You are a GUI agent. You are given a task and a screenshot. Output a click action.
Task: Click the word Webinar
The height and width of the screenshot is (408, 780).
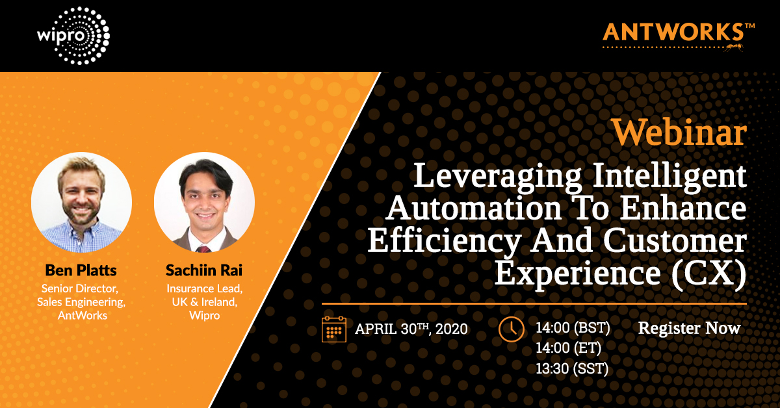[679, 133]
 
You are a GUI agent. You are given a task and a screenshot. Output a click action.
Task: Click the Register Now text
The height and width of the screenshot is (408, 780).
[689, 328]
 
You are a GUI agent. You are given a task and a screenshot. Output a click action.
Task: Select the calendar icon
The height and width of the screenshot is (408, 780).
[334, 329]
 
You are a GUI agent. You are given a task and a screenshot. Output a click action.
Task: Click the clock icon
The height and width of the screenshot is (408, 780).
[511, 329]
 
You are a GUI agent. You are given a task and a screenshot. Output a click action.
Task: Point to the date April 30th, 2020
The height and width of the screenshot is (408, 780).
[411, 329]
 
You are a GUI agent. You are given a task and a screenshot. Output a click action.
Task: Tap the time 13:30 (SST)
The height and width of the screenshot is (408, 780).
[571, 370]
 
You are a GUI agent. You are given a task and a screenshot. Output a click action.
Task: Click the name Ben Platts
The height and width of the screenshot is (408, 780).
[81, 269]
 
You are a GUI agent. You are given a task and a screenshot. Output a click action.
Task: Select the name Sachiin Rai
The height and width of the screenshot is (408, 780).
[203, 269]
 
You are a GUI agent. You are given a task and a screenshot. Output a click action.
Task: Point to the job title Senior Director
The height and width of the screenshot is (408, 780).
[81, 288]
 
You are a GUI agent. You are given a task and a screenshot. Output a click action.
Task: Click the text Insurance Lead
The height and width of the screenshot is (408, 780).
[203, 288]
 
